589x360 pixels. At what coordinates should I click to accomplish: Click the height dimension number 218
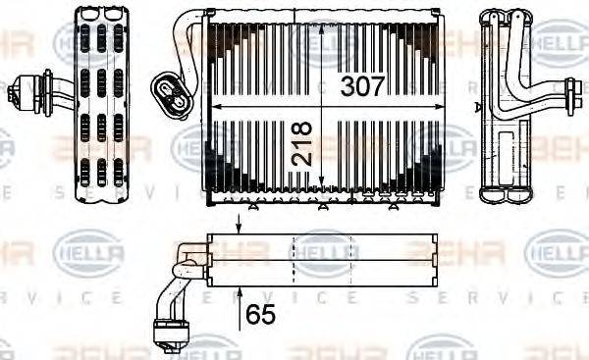pyautogui.click(x=301, y=142)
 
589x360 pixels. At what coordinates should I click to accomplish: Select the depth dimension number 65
pyautogui.click(x=261, y=315)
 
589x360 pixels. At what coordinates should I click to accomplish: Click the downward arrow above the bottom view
pyautogui.click(x=240, y=223)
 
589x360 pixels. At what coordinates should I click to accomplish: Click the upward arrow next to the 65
pyautogui.click(x=240, y=299)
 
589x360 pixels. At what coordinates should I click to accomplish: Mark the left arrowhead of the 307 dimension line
pyautogui.click(x=218, y=106)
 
